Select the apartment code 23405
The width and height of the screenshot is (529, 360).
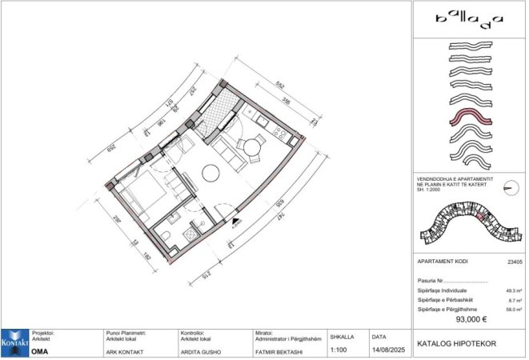pyautogui.click(x=514, y=262)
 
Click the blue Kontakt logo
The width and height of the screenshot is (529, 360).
pyautogui.click(x=14, y=343)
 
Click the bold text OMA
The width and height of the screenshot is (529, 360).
pyautogui.click(x=39, y=350)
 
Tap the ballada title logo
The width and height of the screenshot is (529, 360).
pyautogui.click(x=469, y=17)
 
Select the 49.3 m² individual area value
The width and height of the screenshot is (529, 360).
pyautogui.click(x=514, y=290)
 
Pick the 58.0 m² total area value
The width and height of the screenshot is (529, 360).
pyautogui.click(x=514, y=308)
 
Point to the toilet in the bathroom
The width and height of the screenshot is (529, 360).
pyautogui.click(x=164, y=235)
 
